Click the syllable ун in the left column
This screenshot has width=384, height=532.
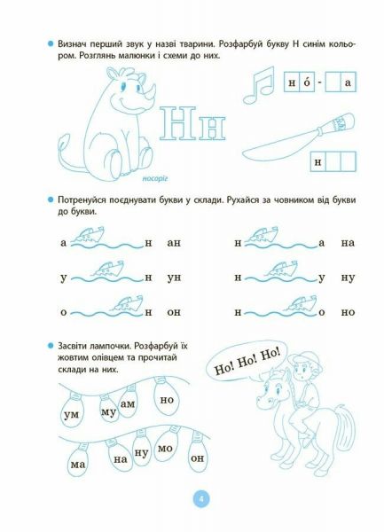pos(174,277)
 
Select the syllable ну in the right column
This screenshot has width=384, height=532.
pos(348,277)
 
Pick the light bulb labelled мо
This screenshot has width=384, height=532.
pos(163,449)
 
